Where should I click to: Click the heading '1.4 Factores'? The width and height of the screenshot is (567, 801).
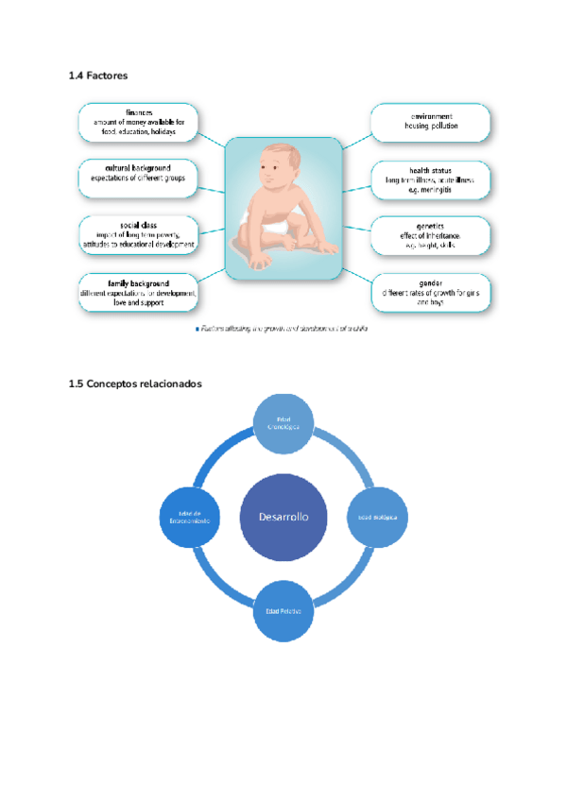(x=98, y=76)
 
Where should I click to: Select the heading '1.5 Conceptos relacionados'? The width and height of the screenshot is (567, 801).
(x=135, y=383)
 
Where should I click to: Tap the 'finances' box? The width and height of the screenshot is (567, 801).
(x=138, y=123)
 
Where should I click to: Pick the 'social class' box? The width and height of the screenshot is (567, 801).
(x=138, y=233)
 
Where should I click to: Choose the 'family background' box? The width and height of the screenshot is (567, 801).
(x=138, y=293)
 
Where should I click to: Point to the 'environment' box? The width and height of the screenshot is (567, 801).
(x=430, y=121)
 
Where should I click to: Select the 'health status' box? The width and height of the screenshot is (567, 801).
(x=430, y=179)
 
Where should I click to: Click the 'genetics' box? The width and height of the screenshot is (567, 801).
(x=430, y=234)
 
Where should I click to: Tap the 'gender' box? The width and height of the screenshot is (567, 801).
(x=430, y=292)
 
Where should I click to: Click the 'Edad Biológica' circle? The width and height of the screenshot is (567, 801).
(x=378, y=518)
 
